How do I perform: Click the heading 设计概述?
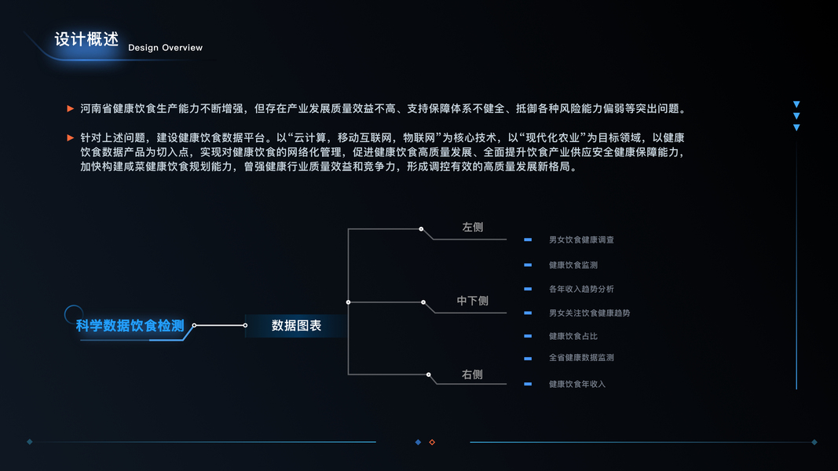pos(86,39)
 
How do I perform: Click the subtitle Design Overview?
pos(165,48)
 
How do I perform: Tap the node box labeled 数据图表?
pos(296,325)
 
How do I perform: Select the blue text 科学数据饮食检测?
pos(130,326)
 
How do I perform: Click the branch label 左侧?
pos(472,228)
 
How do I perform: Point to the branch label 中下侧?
pos(472,301)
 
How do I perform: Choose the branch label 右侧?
pos(472,375)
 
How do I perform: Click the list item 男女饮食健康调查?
pos(581,239)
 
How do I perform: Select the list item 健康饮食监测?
pos(573,265)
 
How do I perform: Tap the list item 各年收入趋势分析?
pos(581,289)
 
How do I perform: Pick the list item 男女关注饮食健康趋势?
pos(589,313)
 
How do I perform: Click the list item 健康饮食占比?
pos(573,336)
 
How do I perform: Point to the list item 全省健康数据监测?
pos(581,357)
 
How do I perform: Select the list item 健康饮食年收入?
pos(577,384)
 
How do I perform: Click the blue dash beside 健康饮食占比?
pos(528,336)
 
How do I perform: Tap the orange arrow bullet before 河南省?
pos(71,108)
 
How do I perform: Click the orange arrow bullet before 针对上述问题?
pos(71,137)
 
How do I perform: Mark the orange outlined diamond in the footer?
pos(432,442)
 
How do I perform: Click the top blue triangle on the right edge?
pos(796,104)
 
